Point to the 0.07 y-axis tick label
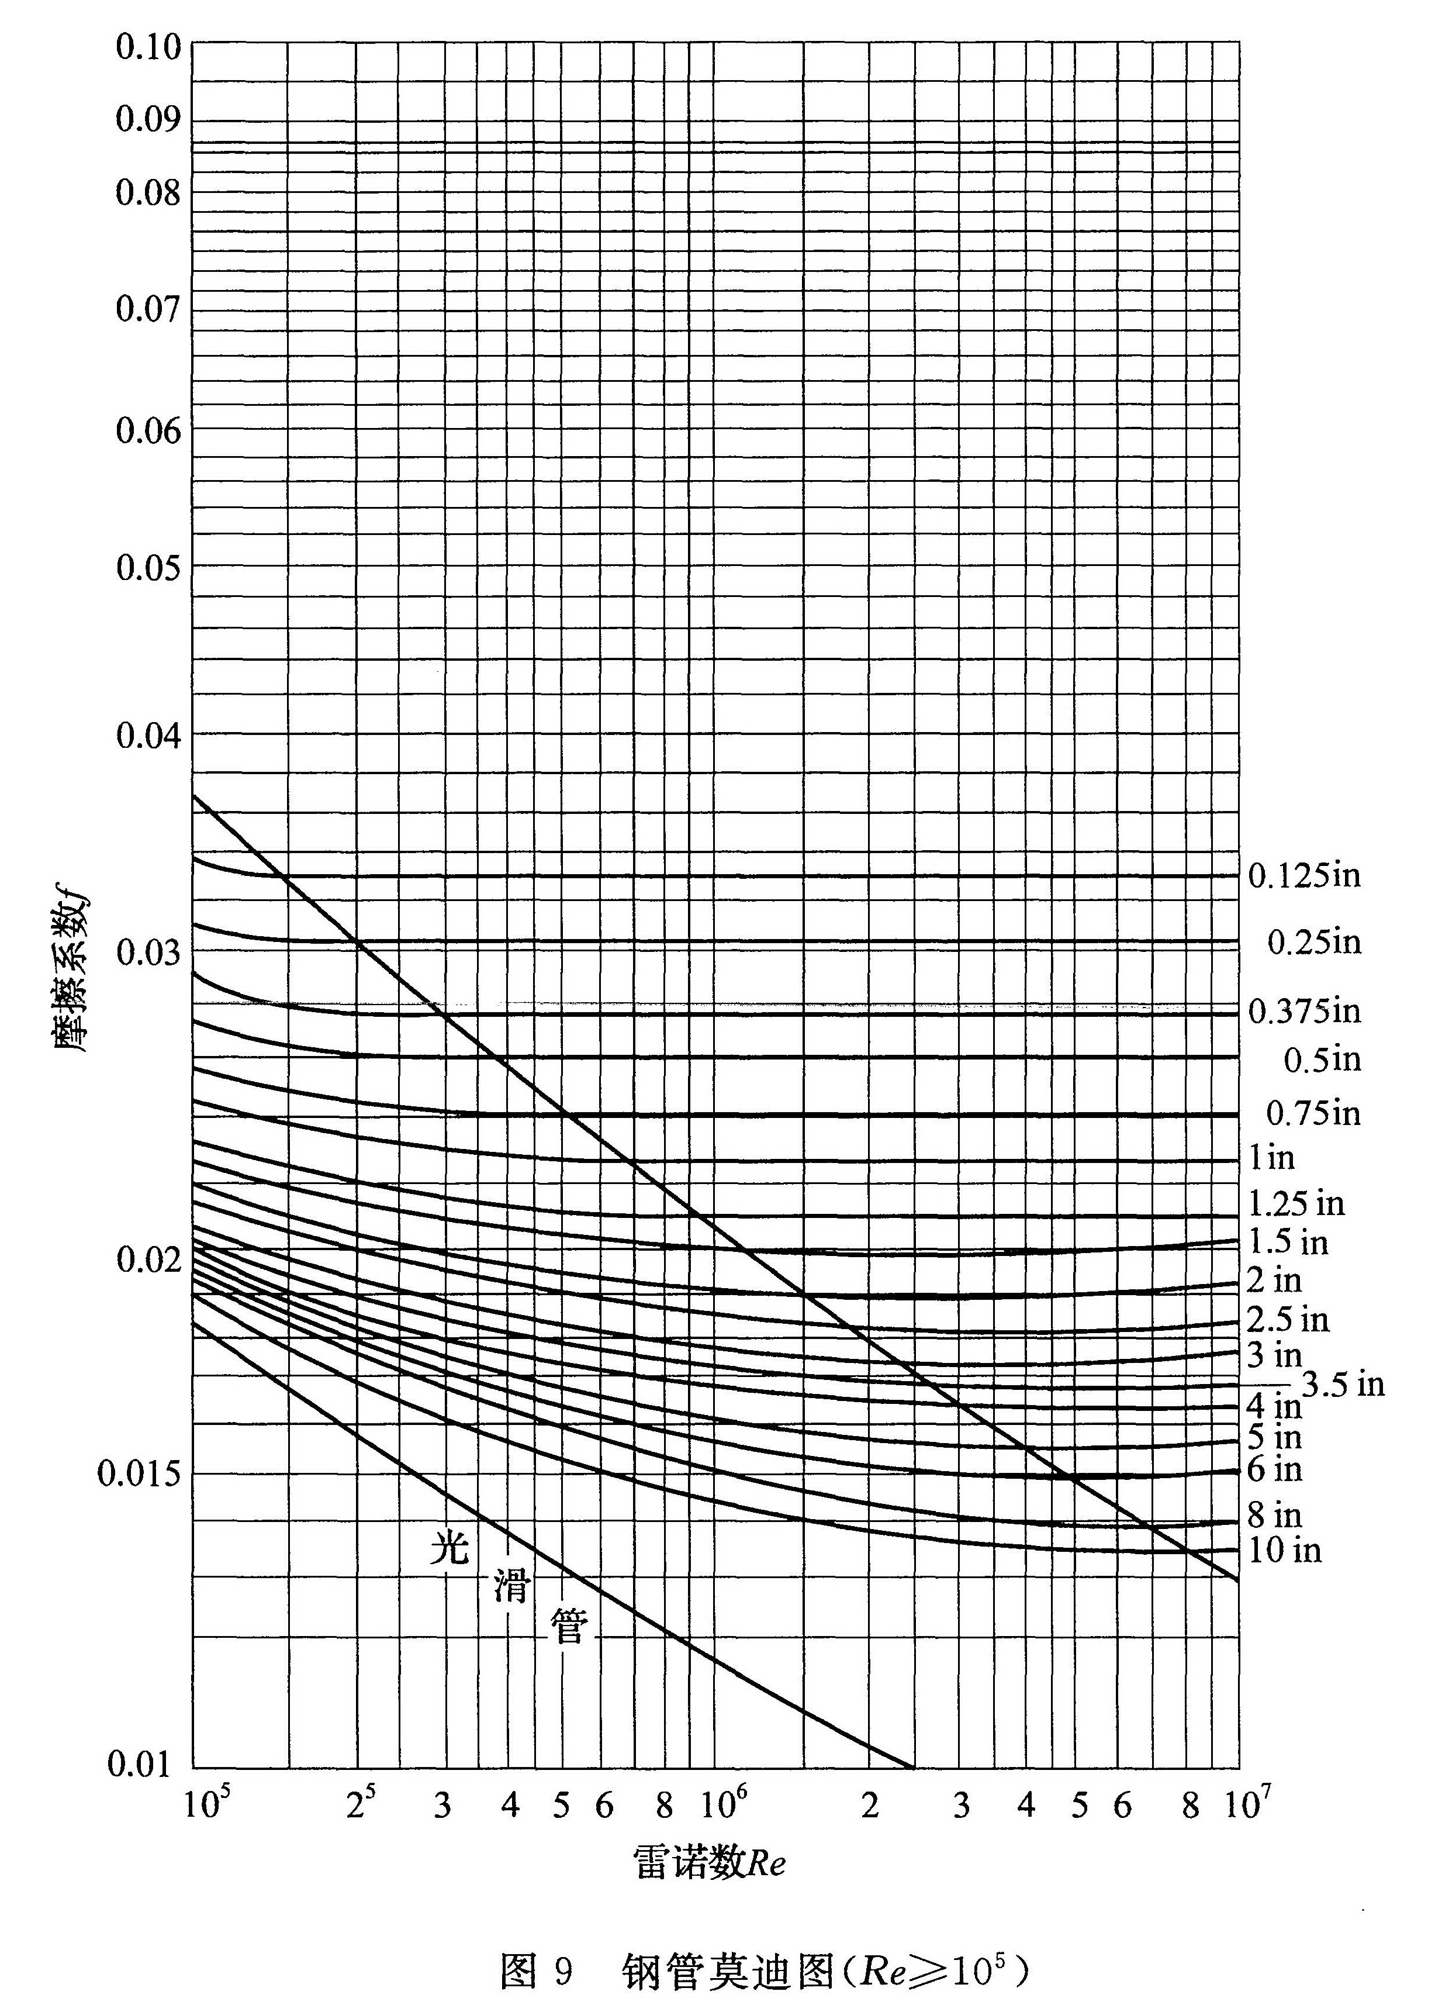147,309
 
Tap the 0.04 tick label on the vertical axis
147,734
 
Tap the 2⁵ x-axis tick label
359,1804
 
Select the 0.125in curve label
1303,876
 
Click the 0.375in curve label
1303,1011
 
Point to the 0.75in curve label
1313,1113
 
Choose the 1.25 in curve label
1295,1203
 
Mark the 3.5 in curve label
1342,1385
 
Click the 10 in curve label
1284,1550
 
